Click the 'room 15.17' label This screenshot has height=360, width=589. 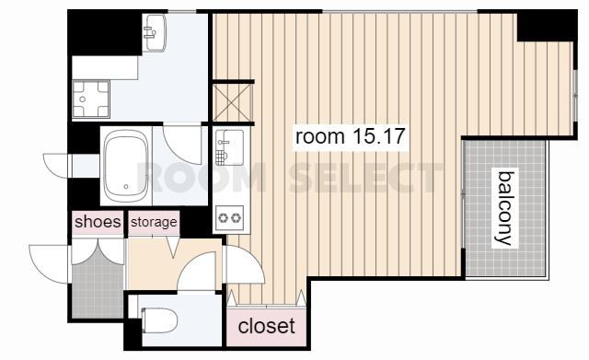coord(350,136)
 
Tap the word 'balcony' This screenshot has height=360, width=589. coord(505,208)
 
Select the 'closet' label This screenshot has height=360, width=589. coord(266,326)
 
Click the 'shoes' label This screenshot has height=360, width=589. coord(98,222)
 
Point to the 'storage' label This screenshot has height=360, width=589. coord(154,222)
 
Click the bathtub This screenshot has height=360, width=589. coord(126,166)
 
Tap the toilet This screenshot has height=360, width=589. coord(159,320)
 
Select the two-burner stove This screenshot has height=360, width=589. coord(230,218)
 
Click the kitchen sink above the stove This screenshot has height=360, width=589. coord(229,147)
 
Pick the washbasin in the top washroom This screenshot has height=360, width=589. coord(155,33)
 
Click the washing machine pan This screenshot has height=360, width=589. coord(90,99)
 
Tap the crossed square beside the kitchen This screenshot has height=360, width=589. coord(231,102)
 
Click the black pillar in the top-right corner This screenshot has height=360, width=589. coord(548,26)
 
